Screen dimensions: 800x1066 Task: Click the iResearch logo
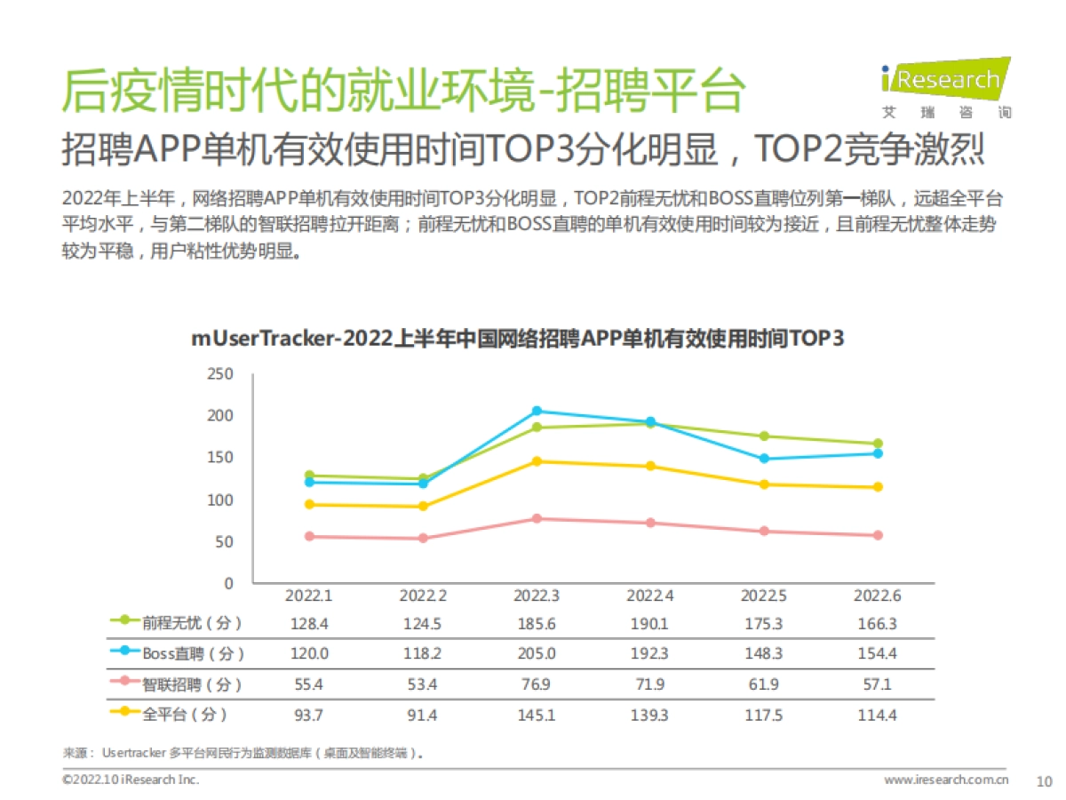tap(944, 87)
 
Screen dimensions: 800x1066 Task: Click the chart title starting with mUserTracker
tap(517, 340)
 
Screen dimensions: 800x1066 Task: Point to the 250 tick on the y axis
tap(221, 374)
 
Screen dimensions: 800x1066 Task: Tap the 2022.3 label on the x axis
tap(537, 596)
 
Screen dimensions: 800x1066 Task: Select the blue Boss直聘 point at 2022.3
tap(537, 411)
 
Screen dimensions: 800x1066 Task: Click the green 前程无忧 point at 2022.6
tap(878, 444)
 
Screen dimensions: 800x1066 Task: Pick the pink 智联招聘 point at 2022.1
tap(309, 536)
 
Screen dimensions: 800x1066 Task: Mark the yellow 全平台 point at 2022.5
tap(764, 484)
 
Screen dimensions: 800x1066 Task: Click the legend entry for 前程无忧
tap(177, 623)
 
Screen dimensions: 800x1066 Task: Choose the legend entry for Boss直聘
tap(177, 653)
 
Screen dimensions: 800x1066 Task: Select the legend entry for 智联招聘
tap(177, 684)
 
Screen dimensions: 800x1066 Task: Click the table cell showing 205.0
tap(537, 653)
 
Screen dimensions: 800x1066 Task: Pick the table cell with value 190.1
tap(650, 623)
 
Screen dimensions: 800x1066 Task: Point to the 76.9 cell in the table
tap(537, 684)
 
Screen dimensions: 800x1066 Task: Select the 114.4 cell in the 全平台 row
tap(878, 715)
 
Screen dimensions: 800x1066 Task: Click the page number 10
tap(1045, 780)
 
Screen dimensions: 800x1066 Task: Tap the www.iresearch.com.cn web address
tap(946, 780)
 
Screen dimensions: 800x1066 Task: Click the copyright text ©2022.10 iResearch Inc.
tap(131, 780)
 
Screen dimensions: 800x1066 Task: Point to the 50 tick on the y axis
tap(226, 541)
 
